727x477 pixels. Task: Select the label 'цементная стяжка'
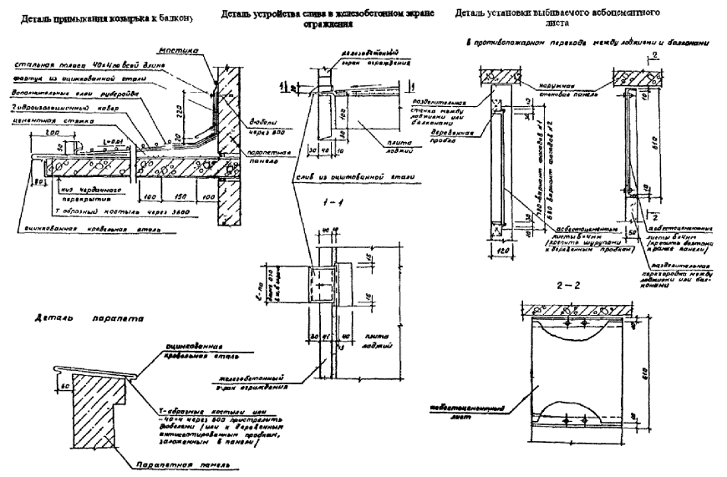tap(42, 120)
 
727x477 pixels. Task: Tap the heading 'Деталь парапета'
tap(76, 318)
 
